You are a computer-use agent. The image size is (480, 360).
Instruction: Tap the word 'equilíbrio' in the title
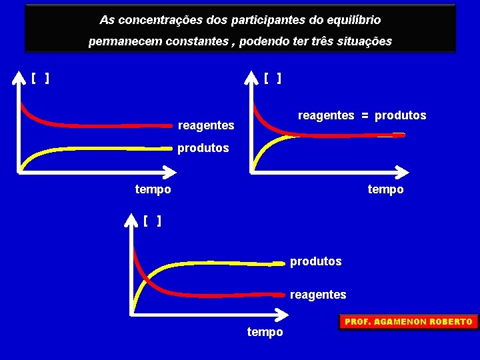click(x=354, y=20)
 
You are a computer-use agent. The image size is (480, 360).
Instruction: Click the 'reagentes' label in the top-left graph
click(x=206, y=125)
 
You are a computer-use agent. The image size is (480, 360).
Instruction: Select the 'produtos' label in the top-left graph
click(x=203, y=148)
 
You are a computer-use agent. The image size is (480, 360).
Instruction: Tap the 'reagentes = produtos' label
click(x=361, y=115)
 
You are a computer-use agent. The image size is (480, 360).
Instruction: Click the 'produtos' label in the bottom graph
click(x=315, y=261)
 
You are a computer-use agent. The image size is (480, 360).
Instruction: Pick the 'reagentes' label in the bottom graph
click(x=318, y=295)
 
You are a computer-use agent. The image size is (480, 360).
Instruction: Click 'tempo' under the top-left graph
click(x=153, y=189)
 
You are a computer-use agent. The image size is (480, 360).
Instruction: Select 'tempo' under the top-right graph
click(x=385, y=189)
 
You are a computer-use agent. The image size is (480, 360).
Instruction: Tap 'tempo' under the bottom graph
click(x=265, y=332)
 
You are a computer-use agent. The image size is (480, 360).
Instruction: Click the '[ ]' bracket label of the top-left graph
click(x=40, y=79)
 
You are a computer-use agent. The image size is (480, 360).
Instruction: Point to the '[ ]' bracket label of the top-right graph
click(x=272, y=79)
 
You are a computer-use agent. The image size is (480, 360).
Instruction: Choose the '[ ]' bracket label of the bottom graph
click(x=152, y=221)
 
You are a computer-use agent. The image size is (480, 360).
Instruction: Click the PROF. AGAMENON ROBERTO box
click(x=408, y=322)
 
